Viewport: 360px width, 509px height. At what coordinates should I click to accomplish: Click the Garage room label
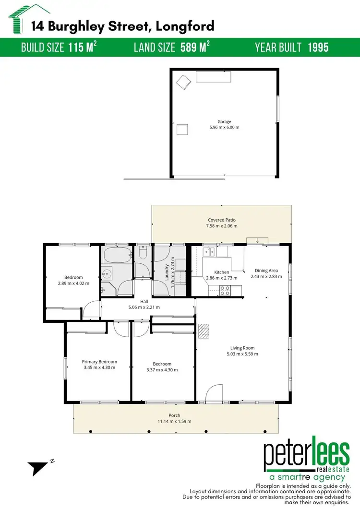click(224, 122)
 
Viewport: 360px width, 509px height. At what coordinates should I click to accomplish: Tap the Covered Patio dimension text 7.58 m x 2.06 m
click(222, 226)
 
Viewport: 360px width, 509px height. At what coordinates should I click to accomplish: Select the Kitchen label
click(222, 272)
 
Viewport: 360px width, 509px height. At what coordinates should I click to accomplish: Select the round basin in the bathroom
click(107, 274)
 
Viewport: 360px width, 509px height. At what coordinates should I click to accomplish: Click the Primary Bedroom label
click(99, 362)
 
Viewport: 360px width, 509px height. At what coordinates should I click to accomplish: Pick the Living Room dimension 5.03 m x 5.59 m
click(242, 354)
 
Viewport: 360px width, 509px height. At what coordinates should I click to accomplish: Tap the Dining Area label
click(266, 271)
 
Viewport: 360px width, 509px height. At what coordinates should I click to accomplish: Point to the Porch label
click(174, 415)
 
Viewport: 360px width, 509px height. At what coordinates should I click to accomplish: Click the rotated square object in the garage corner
click(183, 83)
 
